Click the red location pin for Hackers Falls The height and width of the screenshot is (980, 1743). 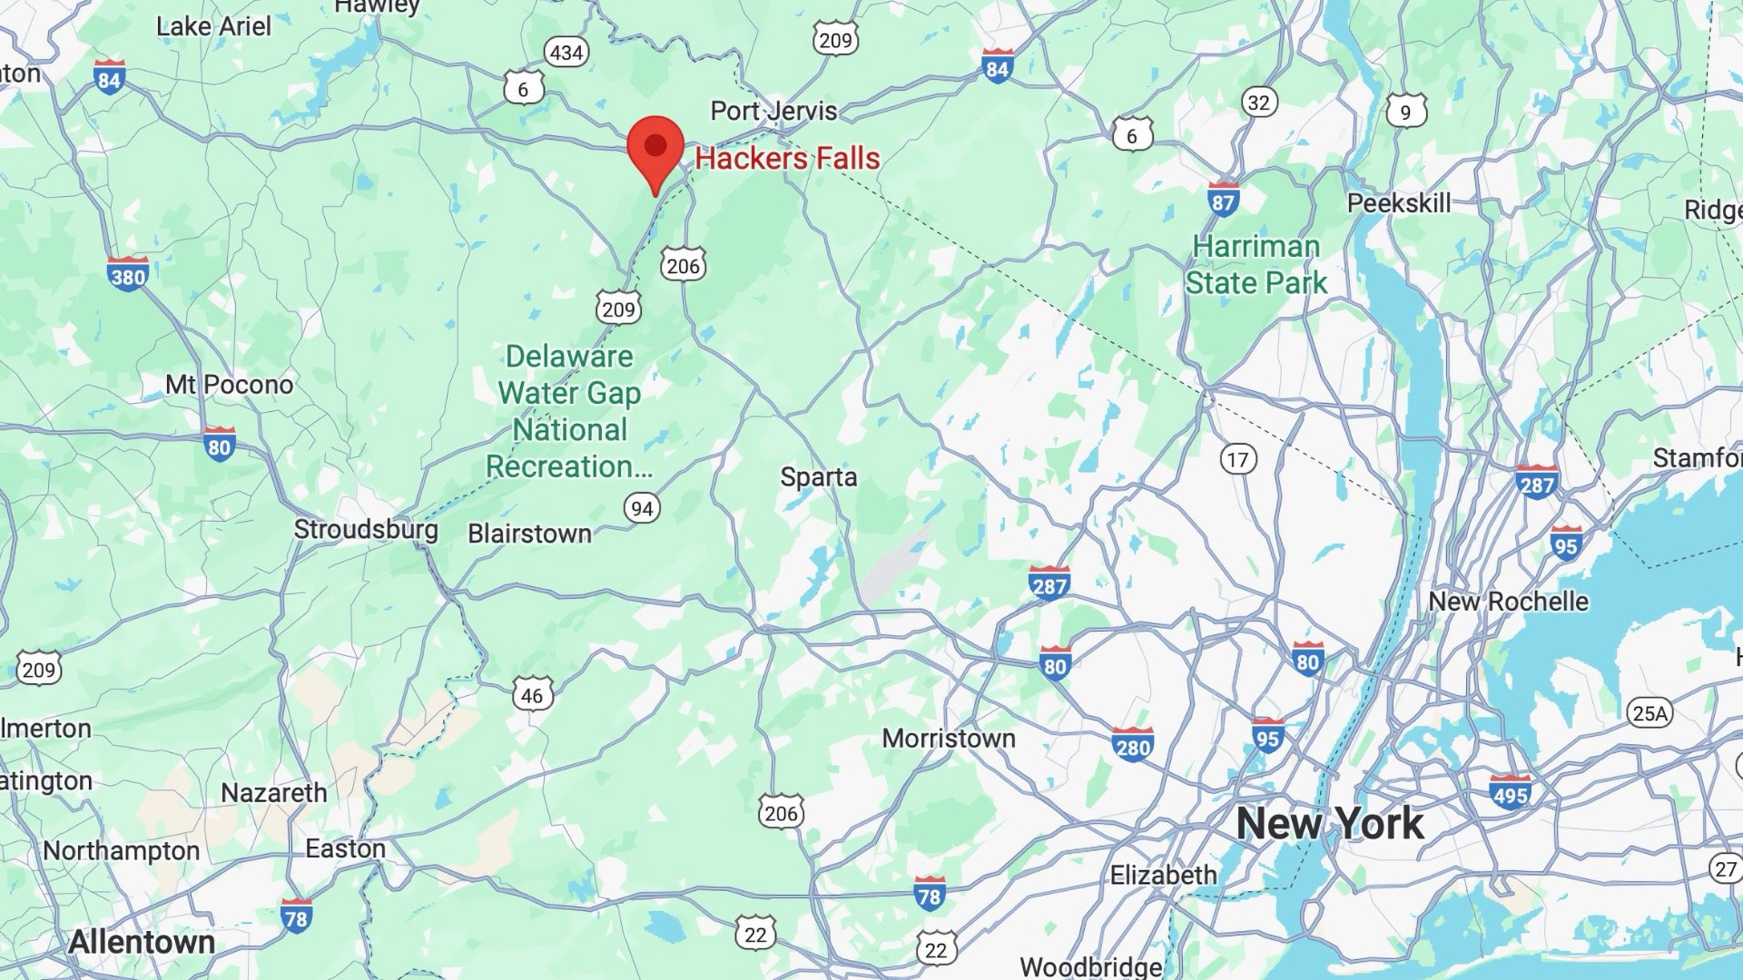pyautogui.click(x=655, y=148)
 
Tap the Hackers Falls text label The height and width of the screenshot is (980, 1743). pyautogui.click(x=787, y=159)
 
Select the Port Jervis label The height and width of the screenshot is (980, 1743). pyautogui.click(x=773, y=111)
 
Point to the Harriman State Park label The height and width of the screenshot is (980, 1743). pyautogui.click(x=1256, y=264)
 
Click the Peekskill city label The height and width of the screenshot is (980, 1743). pyautogui.click(x=1398, y=203)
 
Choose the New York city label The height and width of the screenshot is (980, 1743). pyautogui.click(x=1330, y=824)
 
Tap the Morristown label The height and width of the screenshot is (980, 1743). pyautogui.click(x=949, y=739)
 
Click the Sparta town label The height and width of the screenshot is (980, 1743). pyautogui.click(x=819, y=477)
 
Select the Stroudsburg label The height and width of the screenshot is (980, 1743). pyautogui.click(x=366, y=529)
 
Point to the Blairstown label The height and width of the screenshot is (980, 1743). pyautogui.click(x=529, y=534)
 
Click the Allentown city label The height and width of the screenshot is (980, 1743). pyautogui.click(x=142, y=942)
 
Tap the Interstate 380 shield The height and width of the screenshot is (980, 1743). pyautogui.click(x=127, y=274)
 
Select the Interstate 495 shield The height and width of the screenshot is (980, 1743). pyautogui.click(x=1510, y=792)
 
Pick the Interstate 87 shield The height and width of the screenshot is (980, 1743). pyautogui.click(x=1223, y=199)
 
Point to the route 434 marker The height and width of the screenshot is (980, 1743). pyautogui.click(x=566, y=53)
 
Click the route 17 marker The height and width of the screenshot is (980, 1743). pyautogui.click(x=1237, y=459)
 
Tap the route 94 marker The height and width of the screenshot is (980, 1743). pyautogui.click(x=642, y=508)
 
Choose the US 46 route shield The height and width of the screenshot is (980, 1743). pyautogui.click(x=532, y=695)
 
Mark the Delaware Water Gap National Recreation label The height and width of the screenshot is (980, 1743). pyautogui.click(x=569, y=411)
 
